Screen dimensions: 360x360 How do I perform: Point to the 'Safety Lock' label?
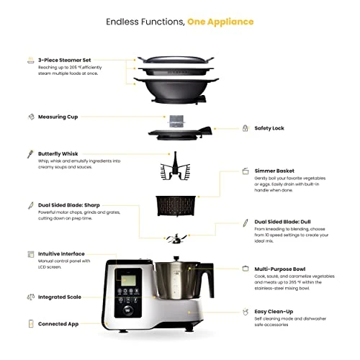click(x=269, y=128)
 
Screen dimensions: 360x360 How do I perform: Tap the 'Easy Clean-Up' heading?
click(x=276, y=311)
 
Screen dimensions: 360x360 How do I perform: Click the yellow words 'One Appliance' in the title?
click(x=220, y=21)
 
